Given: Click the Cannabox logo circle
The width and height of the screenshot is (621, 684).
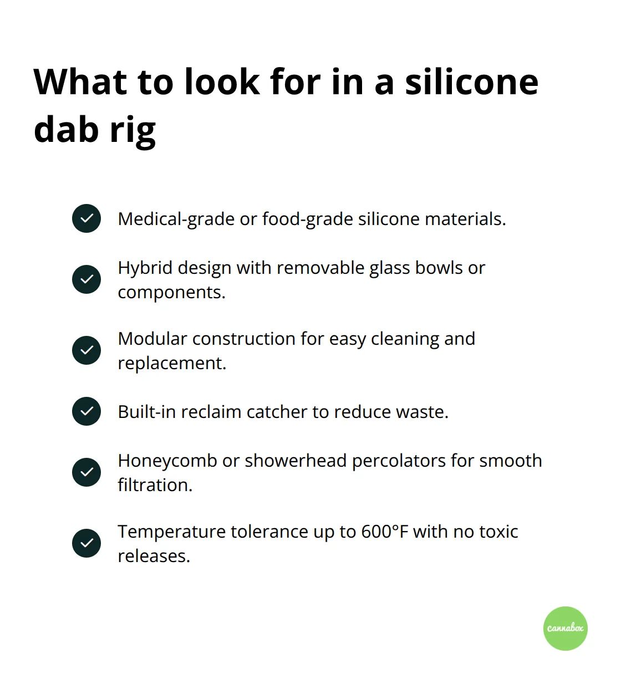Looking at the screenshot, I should (565, 628).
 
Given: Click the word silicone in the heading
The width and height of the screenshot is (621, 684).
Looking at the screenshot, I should (471, 82).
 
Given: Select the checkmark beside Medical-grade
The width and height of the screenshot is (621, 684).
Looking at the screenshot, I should (86, 218).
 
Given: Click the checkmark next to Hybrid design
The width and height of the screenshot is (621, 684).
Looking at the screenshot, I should (86, 279).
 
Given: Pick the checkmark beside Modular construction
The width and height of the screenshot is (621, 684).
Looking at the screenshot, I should (86, 350).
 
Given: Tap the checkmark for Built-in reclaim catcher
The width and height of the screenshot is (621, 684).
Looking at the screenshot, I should (86, 411).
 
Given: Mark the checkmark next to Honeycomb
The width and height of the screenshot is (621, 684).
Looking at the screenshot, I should (86, 472).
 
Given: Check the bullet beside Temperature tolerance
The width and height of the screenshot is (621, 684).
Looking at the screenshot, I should (86, 543).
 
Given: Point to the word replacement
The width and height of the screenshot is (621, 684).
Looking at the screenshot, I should (171, 363).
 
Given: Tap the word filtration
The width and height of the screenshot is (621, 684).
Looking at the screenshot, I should (155, 485).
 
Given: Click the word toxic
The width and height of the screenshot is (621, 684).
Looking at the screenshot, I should (498, 532).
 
